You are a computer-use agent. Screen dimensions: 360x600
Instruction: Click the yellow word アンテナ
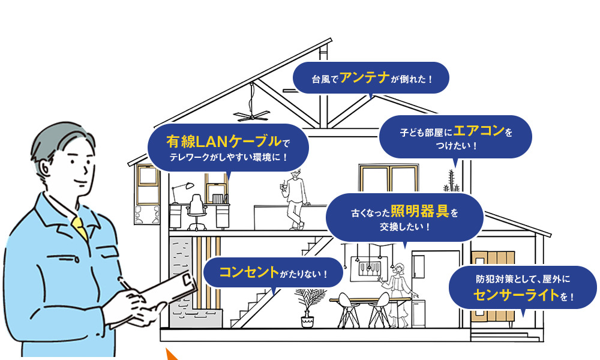pos(365,78)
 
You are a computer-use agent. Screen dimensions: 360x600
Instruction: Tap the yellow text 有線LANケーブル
pos(224,142)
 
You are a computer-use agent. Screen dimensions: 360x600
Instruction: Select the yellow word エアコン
pos(478,131)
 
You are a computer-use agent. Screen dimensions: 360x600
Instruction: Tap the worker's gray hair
pos(51,140)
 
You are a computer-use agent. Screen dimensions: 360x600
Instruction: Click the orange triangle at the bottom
pos(175,352)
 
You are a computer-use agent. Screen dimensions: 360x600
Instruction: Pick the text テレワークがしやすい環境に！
pos(229,158)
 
